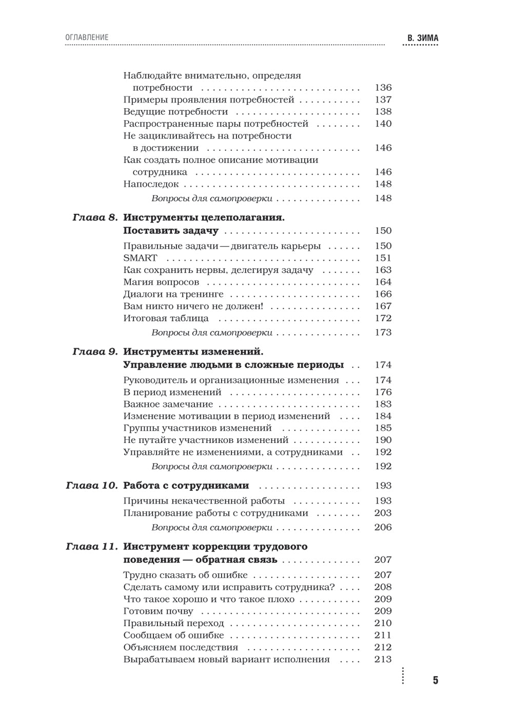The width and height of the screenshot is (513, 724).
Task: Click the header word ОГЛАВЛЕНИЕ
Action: pos(87,37)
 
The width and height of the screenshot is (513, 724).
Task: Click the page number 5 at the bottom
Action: pos(436,680)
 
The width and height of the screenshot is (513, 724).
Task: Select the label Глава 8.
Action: pos(95,217)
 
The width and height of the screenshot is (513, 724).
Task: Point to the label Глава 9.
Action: pos(95,352)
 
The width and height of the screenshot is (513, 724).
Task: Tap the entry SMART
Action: pos(140,258)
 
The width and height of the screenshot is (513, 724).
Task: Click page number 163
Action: pos(383,270)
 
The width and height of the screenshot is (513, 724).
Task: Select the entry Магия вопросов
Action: pos(161,282)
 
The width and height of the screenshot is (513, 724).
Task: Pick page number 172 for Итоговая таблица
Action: pos(383,318)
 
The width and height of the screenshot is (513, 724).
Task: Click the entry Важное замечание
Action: pos(164,404)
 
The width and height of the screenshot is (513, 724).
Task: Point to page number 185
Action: pos(383,428)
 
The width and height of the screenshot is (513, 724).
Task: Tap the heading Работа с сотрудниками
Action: pos(186,486)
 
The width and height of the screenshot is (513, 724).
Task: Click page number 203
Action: pos(383,513)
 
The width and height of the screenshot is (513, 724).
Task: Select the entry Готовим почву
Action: pos(158,611)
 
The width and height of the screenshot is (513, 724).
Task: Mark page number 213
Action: pos(383,659)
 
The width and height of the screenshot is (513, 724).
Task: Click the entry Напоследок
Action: pos(151,184)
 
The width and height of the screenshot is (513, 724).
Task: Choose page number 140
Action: pos(383,124)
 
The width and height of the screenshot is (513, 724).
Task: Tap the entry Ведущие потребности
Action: pos(175,112)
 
